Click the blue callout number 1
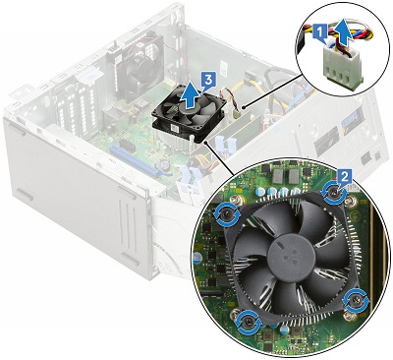[x=320, y=31]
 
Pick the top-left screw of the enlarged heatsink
[x=231, y=210]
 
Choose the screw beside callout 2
[x=329, y=192]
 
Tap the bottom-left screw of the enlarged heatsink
[x=250, y=317]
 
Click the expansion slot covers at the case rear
[x=79, y=128]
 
